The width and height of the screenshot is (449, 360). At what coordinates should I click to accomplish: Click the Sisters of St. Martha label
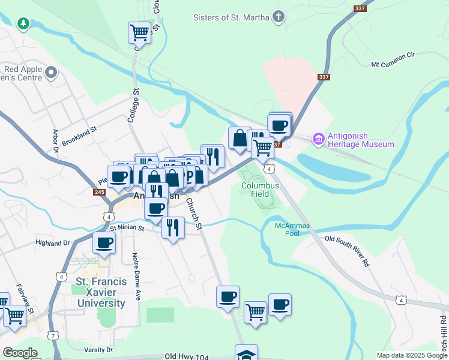[x=231, y=17]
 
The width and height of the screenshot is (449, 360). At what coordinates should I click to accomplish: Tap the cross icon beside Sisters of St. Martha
[x=278, y=17]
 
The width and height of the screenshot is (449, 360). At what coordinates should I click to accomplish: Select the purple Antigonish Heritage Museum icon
[x=318, y=139]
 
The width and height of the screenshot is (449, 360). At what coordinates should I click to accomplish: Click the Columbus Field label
[x=260, y=190]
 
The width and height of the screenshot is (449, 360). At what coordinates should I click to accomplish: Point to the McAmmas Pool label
[x=287, y=229]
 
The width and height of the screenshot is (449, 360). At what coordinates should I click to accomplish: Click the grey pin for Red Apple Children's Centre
[x=51, y=74]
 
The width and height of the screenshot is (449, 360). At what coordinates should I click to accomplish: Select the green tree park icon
[x=23, y=23]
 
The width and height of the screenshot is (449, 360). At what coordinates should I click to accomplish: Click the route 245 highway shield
[x=100, y=192]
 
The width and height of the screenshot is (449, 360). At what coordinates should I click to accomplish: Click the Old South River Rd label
[x=347, y=251]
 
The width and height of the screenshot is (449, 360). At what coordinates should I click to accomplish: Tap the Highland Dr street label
[x=53, y=243]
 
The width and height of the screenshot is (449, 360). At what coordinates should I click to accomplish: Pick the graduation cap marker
[x=246, y=354]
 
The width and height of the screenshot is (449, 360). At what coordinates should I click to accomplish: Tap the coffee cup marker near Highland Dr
[x=104, y=242]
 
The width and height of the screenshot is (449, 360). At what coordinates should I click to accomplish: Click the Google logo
[x=20, y=353]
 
